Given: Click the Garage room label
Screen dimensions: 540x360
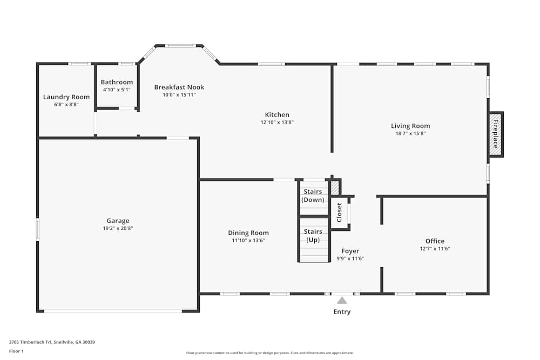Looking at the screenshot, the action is pos(118,221).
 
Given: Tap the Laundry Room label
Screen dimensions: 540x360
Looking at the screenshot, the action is pos(66,97).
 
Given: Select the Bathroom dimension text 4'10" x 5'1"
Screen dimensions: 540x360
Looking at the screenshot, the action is pos(117,90).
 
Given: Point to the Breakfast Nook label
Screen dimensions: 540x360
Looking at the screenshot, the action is pos(179,87).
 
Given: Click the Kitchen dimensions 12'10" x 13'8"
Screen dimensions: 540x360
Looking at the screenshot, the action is pos(277,122).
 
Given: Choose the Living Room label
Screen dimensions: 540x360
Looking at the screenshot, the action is pos(410,126).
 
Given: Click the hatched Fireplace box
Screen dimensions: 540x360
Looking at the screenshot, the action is pos(496,134).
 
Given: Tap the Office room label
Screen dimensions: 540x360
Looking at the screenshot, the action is pos(435,241).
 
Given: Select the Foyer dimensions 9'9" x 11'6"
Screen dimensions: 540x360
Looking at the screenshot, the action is pos(350,259).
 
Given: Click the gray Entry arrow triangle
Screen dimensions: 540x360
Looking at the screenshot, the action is pos(342,301).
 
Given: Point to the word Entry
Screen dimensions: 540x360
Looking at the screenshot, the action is pos(342,312).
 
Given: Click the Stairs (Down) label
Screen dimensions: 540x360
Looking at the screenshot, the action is pos(313,195).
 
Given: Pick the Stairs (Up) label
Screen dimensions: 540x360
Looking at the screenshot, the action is pos(313,236).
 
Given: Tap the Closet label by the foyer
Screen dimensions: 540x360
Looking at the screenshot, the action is pos(340,212).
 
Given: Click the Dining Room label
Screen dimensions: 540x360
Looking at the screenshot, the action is pos(248,233).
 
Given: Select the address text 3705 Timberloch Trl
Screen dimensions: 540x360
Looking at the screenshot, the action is pos(30,342).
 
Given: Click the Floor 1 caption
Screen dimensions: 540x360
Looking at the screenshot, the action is pos(16,351).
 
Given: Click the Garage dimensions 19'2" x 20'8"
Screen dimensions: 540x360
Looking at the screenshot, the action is pos(118,228).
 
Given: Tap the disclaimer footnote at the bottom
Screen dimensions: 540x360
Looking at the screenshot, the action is pos(270,353).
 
